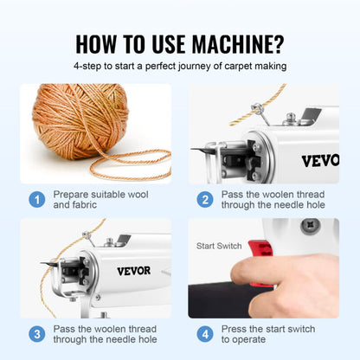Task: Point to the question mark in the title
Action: pyautogui.click(x=279, y=42)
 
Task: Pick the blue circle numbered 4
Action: pyautogui.click(x=205, y=334)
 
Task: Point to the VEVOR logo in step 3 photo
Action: pyautogui.click(x=133, y=271)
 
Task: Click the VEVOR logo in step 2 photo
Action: pyautogui.click(x=320, y=160)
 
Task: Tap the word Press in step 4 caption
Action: pyautogui.click(x=238, y=328)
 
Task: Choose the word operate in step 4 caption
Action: pyautogui.click(x=254, y=340)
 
